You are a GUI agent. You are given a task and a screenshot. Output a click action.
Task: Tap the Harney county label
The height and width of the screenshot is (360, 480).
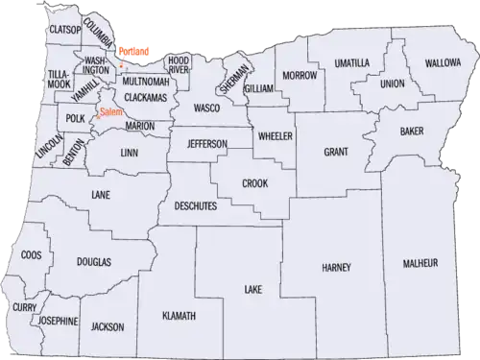[337, 266]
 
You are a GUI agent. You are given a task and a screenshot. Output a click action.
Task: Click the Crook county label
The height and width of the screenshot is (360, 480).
[255, 182]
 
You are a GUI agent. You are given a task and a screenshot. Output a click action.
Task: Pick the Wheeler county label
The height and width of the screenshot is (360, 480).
[274, 135]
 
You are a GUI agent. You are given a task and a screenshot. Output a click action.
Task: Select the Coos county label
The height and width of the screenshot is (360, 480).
[31, 255]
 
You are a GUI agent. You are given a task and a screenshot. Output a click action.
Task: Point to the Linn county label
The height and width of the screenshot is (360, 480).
[131, 153]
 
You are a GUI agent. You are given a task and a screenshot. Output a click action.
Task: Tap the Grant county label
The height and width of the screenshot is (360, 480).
[336, 152]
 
